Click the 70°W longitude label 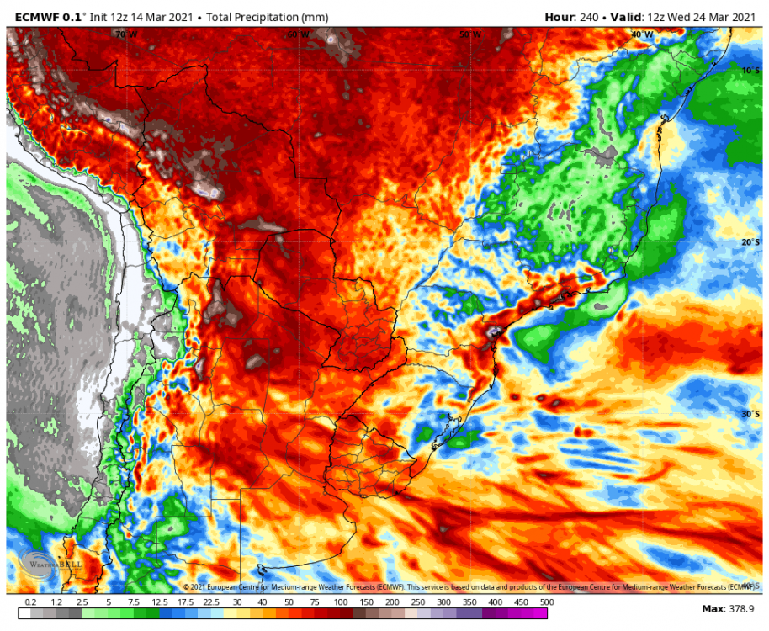tap(126, 34)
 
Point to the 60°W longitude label tap(298, 34)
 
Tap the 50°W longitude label tap(470, 34)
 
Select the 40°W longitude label tap(642, 34)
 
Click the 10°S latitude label tap(750, 71)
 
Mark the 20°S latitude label tap(750, 242)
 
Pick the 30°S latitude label tap(750, 414)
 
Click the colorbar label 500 tap(547, 602)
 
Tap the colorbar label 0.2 tap(30, 602)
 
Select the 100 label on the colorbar tap(340, 602)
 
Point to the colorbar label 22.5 tap(210, 602)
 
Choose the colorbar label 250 tap(417, 602)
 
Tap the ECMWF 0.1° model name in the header tap(50, 17)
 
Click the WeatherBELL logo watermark tap(50, 564)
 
